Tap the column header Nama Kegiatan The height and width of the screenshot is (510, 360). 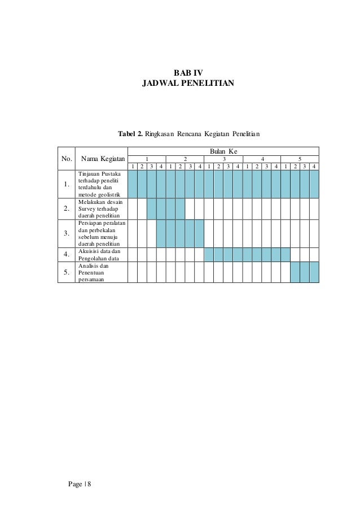tap(102, 158)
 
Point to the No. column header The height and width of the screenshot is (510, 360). tap(67, 158)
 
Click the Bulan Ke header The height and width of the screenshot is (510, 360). tap(223, 151)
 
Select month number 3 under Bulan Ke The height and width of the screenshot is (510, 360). tap(223, 159)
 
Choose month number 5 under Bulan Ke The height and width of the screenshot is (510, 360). tap(300, 159)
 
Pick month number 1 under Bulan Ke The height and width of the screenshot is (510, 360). tap(147, 159)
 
